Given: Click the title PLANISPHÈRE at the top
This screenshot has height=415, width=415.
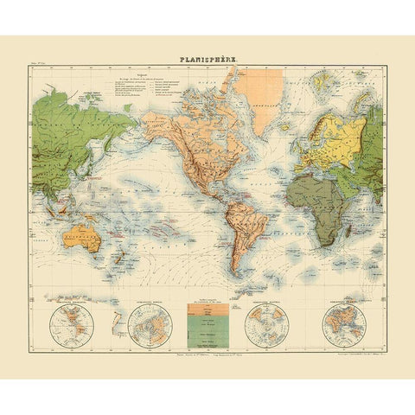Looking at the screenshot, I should point(207,60).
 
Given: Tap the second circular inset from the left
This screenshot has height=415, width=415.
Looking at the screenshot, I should point(150,329).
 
